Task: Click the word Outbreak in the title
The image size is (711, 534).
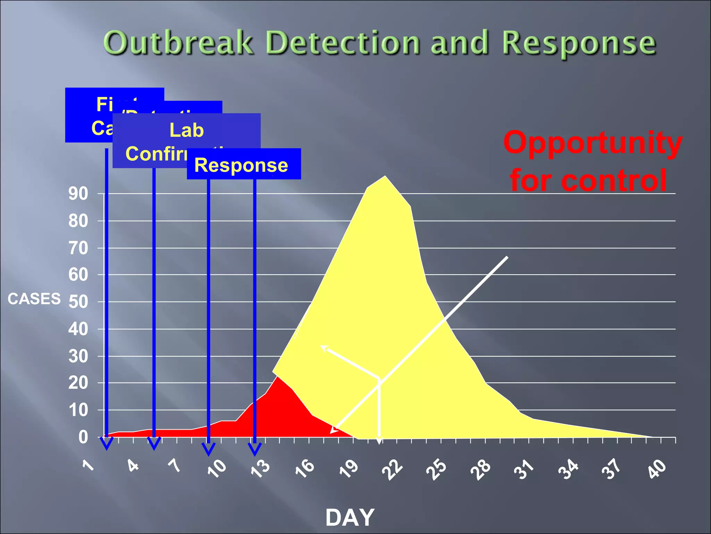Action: click(178, 43)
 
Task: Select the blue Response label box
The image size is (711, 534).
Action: click(244, 164)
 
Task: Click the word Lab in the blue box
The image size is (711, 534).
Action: click(186, 130)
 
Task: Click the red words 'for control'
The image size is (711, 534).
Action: click(588, 180)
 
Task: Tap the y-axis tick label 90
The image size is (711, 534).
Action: click(78, 194)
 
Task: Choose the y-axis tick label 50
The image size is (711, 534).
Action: click(78, 302)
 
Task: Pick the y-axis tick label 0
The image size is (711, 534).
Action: click(83, 437)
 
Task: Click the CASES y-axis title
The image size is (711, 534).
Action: click(34, 299)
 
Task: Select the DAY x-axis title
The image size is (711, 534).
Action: click(350, 518)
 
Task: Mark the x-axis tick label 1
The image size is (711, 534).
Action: click(89, 465)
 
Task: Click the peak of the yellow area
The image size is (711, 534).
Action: click(385, 177)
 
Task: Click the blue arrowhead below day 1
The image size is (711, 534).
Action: click(107, 444)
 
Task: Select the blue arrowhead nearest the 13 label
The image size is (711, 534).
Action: click(255, 449)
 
